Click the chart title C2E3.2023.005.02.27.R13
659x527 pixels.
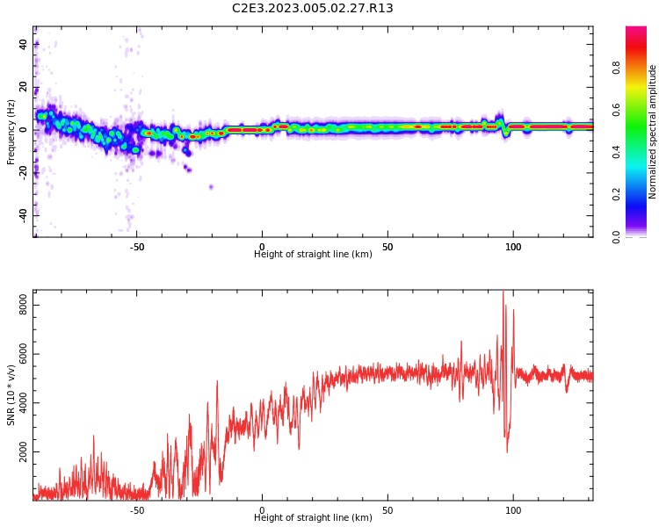[313, 9]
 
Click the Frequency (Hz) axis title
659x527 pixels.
[11, 132]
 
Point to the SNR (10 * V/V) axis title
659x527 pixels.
[11, 395]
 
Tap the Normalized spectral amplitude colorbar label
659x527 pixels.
[653, 132]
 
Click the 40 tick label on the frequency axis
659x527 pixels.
[24, 44]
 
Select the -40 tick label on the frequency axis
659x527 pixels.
[22, 214]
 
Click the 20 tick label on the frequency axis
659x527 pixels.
[24, 87]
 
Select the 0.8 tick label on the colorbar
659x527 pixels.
[617, 67]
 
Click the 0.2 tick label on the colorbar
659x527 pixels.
[617, 194]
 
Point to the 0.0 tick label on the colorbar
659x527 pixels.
[617, 236]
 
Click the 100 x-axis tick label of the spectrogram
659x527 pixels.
[513, 247]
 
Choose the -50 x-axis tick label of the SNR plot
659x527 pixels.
[137, 510]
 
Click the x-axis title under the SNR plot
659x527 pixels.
[313, 518]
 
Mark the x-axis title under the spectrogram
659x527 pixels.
[313, 255]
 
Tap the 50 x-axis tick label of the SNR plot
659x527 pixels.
[387, 510]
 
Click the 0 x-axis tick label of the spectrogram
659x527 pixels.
[262, 247]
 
